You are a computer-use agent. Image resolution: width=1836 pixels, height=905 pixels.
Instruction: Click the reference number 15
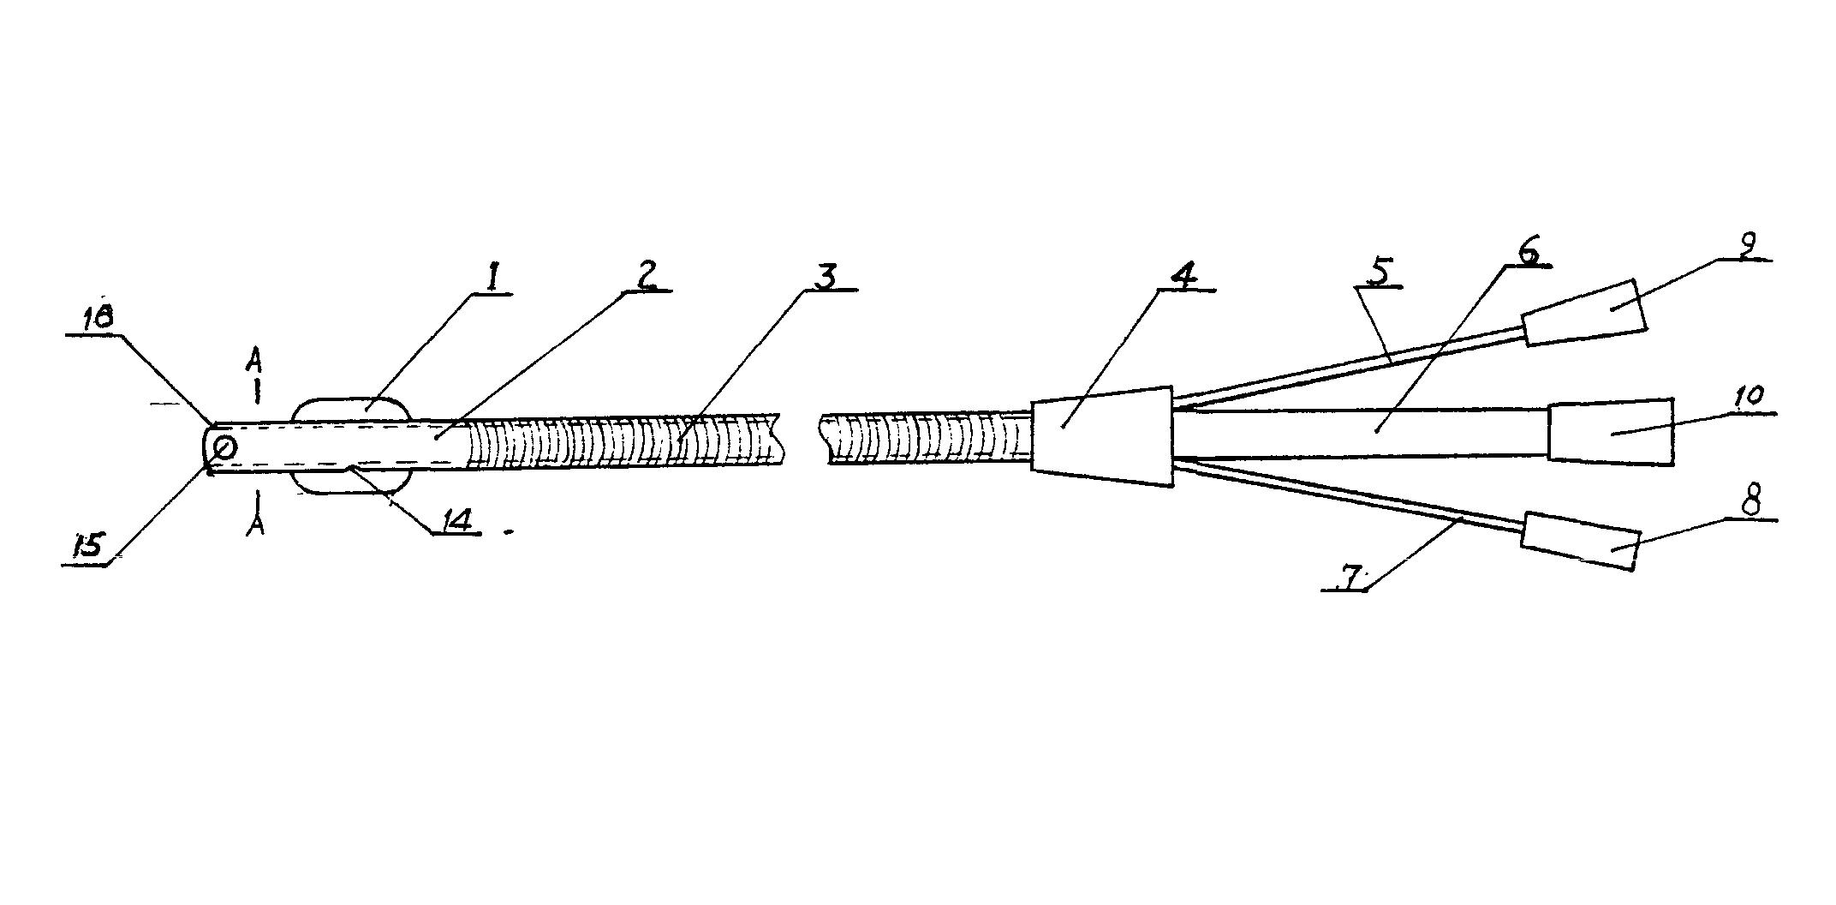coord(89,545)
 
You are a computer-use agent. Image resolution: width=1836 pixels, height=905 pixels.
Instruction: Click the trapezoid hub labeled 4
coord(1102,435)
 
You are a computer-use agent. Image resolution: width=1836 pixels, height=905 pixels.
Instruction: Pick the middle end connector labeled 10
coord(1611,431)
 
